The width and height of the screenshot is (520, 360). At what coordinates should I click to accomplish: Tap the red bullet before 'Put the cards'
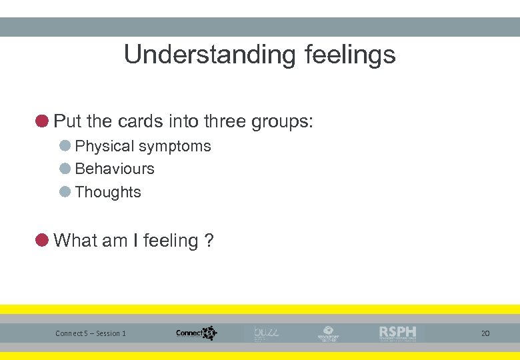click(x=42, y=121)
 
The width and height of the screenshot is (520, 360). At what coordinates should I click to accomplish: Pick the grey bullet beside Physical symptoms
click(x=65, y=146)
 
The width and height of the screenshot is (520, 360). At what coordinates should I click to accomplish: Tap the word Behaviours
click(x=115, y=169)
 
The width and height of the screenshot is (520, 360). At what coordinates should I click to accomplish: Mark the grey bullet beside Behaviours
click(x=65, y=169)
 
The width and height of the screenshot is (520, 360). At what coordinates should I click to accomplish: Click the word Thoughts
click(x=108, y=192)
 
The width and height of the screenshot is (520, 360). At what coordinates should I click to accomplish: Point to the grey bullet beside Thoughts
click(x=65, y=192)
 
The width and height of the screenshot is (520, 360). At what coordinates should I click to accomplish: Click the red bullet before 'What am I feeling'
click(x=42, y=240)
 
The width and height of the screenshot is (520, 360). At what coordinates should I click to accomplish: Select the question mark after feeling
click(x=209, y=241)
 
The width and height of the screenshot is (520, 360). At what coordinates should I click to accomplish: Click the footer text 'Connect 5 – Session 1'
click(x=91, y=333)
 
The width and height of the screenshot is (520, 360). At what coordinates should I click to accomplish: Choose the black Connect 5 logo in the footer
click(x=196, y=333)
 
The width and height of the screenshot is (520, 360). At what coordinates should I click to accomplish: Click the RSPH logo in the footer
click(x=397, y=333)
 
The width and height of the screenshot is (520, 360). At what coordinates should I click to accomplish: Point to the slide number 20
click(x=485, y=333)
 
